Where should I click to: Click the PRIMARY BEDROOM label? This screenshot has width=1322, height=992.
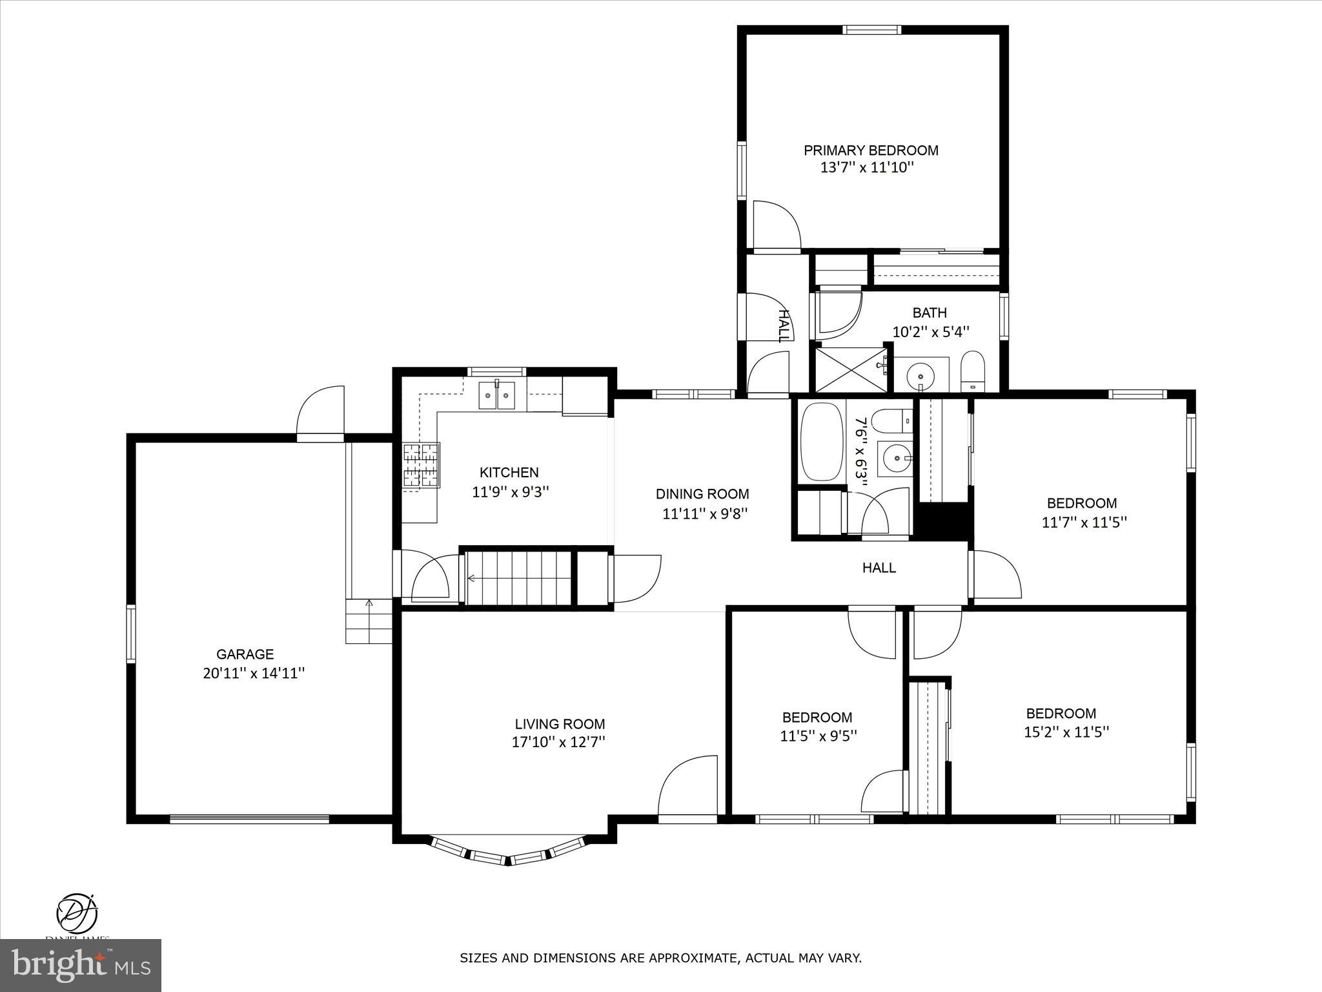click(x=870, y=150)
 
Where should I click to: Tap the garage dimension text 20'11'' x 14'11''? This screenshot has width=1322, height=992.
click(x=254, y=674)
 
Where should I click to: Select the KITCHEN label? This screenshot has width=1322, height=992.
click(x=509, y=473)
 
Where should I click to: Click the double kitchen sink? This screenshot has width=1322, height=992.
click(x=496, y=395)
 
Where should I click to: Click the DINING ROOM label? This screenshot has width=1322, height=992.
click(x=702, y=494)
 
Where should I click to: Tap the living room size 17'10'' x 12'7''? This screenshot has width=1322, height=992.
click(x=559, y=743)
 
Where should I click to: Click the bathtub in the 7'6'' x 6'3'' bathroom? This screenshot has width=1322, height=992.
click(x=822, y=442)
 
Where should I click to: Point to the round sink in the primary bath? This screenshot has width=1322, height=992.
click(x=919, y=375)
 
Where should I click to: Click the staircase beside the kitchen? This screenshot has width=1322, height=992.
click(x=520, y=578)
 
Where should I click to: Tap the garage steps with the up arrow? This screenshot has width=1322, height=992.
click(x=369, y=621)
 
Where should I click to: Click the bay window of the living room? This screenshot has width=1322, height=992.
click(x=508, y=854)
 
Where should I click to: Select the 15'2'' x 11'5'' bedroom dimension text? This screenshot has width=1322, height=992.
click(x=1066, y=732)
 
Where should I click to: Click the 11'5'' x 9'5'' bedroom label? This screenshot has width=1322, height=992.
click(x=817, y=718)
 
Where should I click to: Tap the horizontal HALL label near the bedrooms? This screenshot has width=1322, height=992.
click(x=879, y=568)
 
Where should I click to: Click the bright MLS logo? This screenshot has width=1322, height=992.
click(x=81, y=965)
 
